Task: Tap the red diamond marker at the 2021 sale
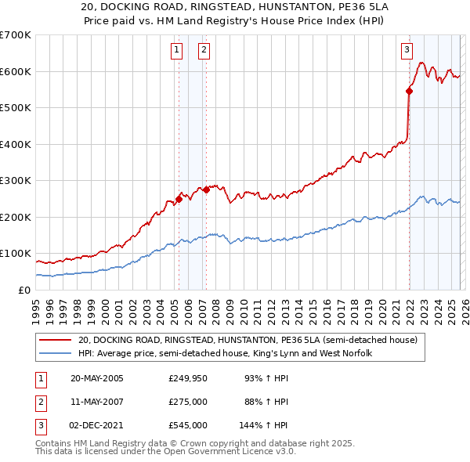(409, 91)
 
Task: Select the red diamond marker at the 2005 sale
(179, 199)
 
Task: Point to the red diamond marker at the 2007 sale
(206, 189)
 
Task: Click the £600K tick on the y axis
(16, 71)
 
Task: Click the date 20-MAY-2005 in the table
(97, 379)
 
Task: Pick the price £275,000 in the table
(188, 402)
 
